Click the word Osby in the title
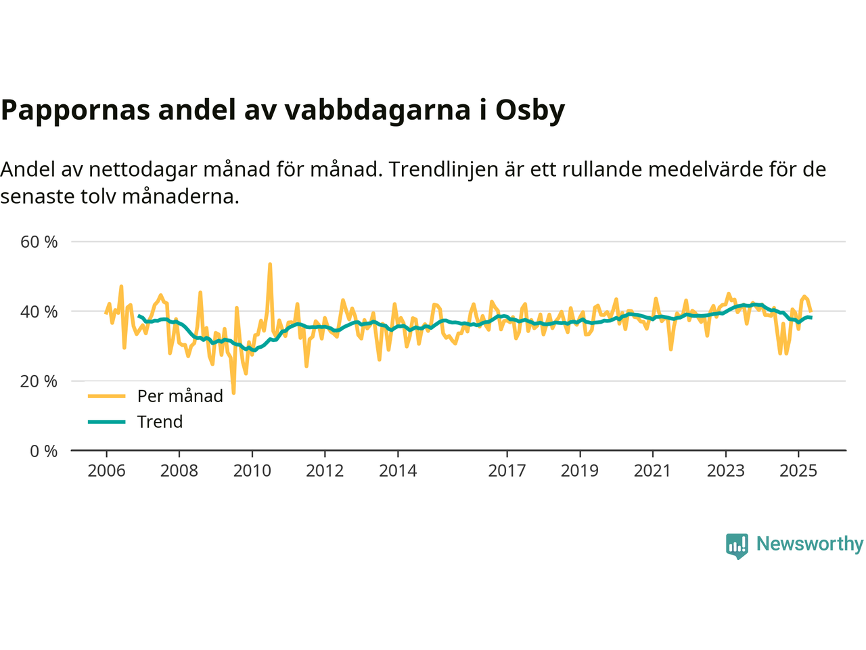[530, 110]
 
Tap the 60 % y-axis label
[39, 242]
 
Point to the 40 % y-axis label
[39, 311]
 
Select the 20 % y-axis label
[39, 381]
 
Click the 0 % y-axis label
[44, 451]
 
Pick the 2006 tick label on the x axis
[106, 471]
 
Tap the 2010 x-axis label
[252, 471]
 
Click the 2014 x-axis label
[398, 471]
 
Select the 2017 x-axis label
[507, 471]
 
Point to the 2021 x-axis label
[652, 471]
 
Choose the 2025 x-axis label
[798, 471]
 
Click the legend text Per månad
[180, 396]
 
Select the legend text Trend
[160, 422]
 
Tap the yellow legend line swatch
[107, 396]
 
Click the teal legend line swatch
[107, 422]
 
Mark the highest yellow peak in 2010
[270, 264]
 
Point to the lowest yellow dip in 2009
[233, 392]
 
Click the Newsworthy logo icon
[737, 545]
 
